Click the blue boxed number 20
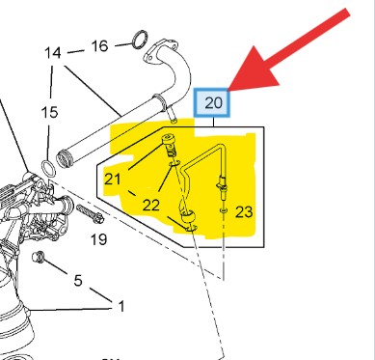click(212, 102)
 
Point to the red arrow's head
click(254, 70)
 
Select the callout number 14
click(53, 52)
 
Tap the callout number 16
click(99, 46)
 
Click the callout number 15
click(49, 112)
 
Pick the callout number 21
click(113, 180)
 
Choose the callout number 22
click(151, 205)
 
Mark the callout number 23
click(244, 212)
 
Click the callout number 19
click(98, 239)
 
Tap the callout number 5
click(78, 280)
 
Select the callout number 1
click(121, 306)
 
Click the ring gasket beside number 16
click(140, 39)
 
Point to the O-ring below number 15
click(48, 169)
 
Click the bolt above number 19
click(90, 213)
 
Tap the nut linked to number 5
click(38, 257)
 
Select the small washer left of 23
click(224, 210)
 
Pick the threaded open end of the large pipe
click(64, 158)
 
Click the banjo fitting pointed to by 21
click(169, 143)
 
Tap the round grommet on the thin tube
click(188, 217)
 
